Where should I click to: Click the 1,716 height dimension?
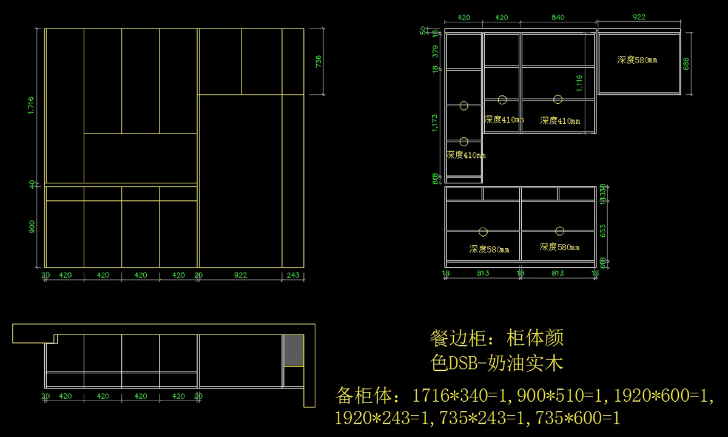pos(31,106)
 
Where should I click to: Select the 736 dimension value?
pos(318,62)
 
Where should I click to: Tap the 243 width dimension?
pos(292,275)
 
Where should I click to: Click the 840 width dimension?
pos(558,18)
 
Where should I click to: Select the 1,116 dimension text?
pos(578,83)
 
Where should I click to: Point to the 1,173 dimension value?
pos(434,122)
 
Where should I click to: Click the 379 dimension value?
pos(434,52)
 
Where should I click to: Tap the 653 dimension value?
pos(602,231)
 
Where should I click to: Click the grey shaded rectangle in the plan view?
pos(294,350)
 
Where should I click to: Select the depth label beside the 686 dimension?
pos(637,60)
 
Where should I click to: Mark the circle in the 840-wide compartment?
pos(558,99)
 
